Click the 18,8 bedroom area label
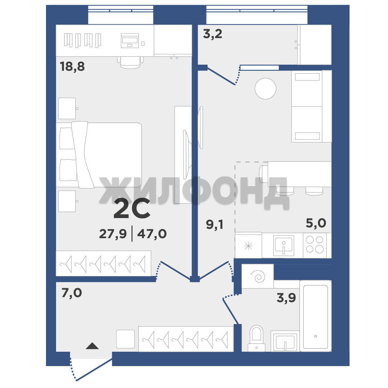[72, 67]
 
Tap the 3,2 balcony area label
[213, 34]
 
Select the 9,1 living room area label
[214, 225]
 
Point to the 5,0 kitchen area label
[316, 223]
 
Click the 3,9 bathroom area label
[286, 298]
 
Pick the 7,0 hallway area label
[71, 293]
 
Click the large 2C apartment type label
[132, 208]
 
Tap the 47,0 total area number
[152, 234]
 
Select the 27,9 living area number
[113, 234]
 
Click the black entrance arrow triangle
[92, 346]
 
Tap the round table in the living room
[265, 89]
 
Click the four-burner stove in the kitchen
[315, 245]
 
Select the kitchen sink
[283, 245]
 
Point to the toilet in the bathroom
[257, 338]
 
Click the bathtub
[315, 316]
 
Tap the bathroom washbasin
[285, 341]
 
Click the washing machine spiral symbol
[258, 276]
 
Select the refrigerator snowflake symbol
[248, 246]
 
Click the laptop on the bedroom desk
[130, 41]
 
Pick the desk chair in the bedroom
[130, 62]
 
